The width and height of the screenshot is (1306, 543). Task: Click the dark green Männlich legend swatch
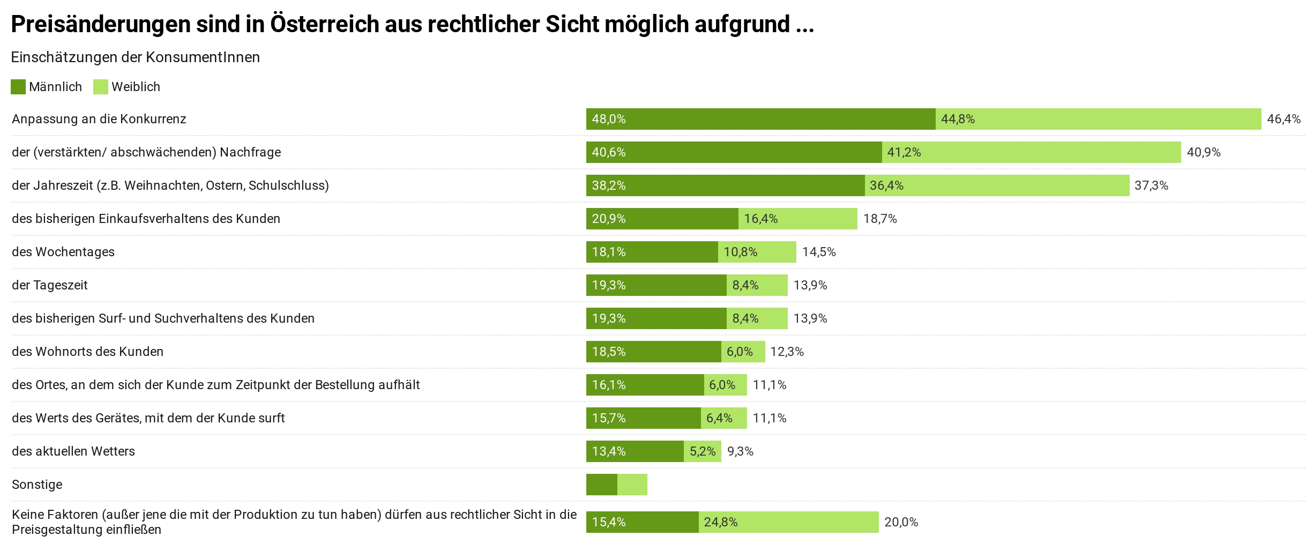pos(18,87)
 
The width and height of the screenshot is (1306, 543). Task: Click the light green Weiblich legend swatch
pos(101,87)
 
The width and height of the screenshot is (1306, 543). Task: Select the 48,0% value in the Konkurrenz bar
pos(608,119)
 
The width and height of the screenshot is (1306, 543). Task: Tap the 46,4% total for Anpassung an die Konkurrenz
pos(1283,119)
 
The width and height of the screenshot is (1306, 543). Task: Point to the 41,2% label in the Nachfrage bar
pos(904,152)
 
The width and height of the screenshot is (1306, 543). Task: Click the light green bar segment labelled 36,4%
pos(997,185)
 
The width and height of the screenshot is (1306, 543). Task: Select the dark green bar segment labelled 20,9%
pos(662,219)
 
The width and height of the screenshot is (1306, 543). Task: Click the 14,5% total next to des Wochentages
pos(818,252)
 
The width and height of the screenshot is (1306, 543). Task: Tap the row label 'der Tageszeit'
pos(50,285)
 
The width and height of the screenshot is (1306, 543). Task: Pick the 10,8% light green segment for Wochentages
pos(757,252)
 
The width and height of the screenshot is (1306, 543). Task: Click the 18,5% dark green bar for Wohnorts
pos(653,352)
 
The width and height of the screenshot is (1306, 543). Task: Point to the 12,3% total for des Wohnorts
pos(787,352)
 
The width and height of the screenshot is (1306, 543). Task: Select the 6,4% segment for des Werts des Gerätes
pos(723,418)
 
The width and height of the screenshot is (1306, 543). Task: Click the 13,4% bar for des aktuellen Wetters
pos(635,451)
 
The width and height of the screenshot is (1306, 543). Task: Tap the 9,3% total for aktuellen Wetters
pos(740,451)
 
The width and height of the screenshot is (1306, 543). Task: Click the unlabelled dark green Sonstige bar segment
pos(601,485)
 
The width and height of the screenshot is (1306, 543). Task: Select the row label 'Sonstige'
pos(37,485)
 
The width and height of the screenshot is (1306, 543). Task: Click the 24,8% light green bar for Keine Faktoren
pos(788,522)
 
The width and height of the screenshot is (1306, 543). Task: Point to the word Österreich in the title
pos(324,24)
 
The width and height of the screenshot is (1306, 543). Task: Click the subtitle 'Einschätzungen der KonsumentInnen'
pos(135,57)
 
